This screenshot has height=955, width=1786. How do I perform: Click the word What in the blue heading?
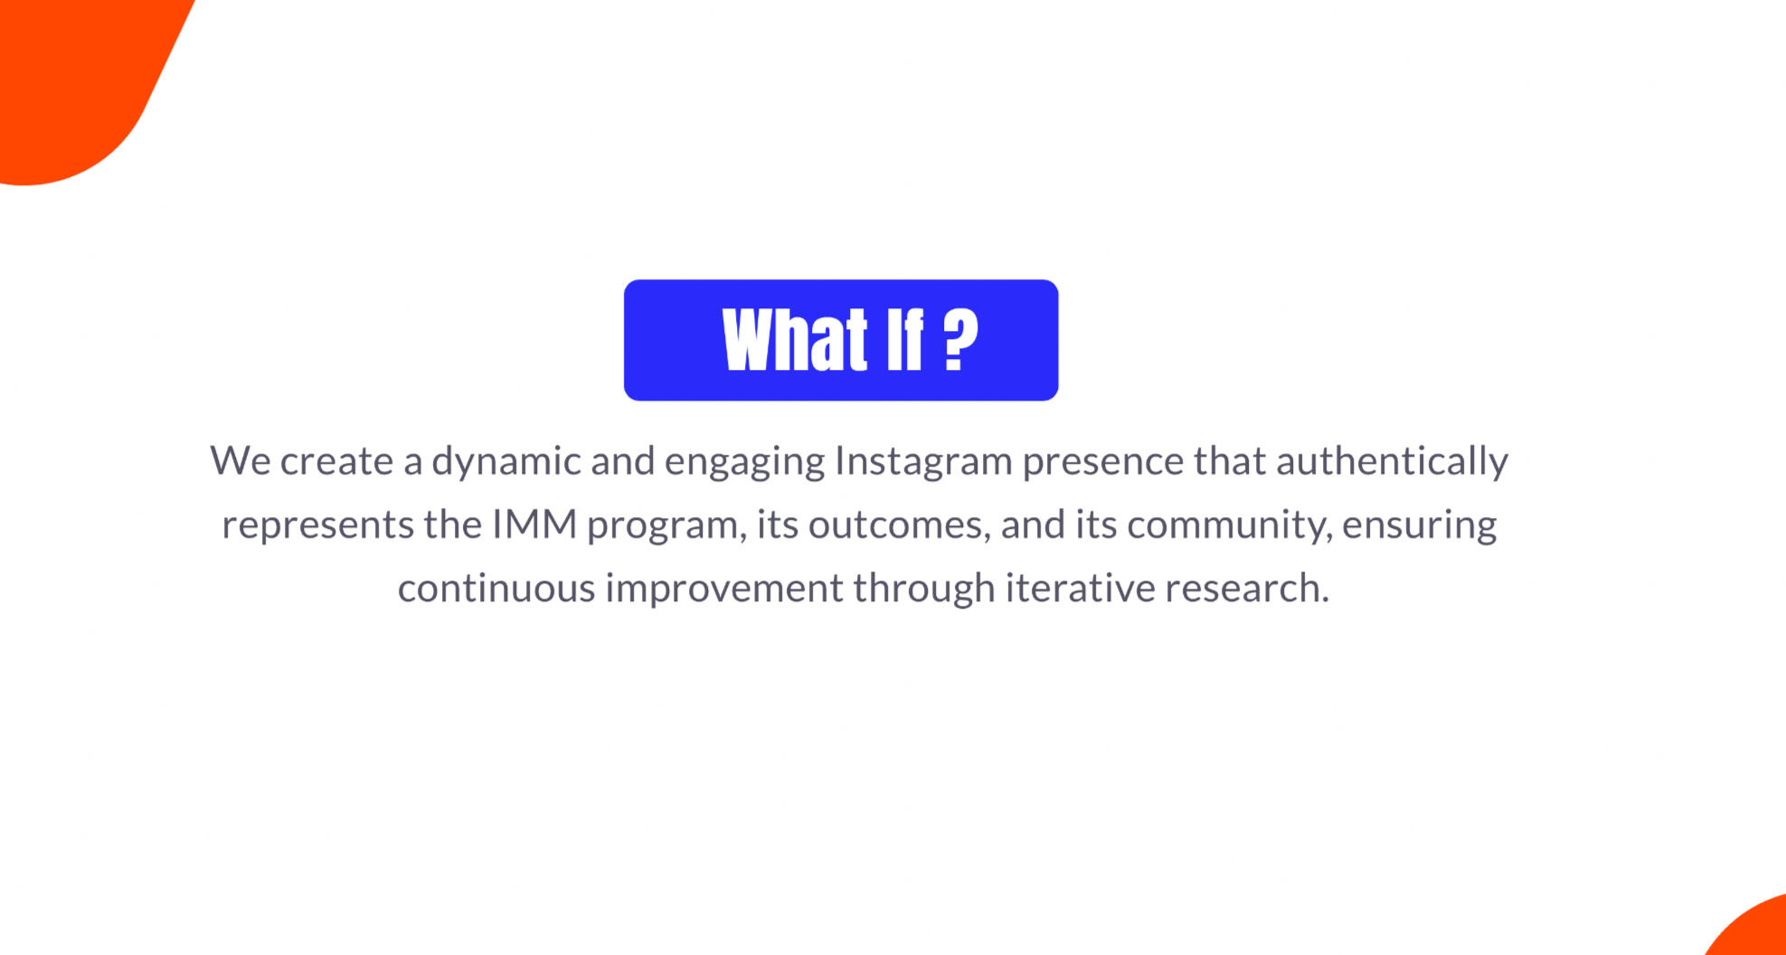point(795,339)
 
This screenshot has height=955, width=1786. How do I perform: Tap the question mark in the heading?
point(960,339)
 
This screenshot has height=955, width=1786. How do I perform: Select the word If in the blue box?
point(905,339)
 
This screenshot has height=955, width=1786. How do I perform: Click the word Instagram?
point(922,462)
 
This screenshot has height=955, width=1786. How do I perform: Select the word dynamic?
point(506,462)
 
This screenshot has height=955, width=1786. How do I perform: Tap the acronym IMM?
point(534,525)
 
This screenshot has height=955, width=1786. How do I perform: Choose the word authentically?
point(1392,462)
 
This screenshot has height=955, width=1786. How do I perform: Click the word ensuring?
point(1419,525)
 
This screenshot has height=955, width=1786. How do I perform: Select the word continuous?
point(496,588)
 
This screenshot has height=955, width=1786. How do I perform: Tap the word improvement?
point(723,589)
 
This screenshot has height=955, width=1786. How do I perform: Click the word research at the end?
point(1246,588)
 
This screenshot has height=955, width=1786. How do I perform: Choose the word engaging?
point(744,462)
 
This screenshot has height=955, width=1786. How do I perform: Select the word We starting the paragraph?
point(241,461)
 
